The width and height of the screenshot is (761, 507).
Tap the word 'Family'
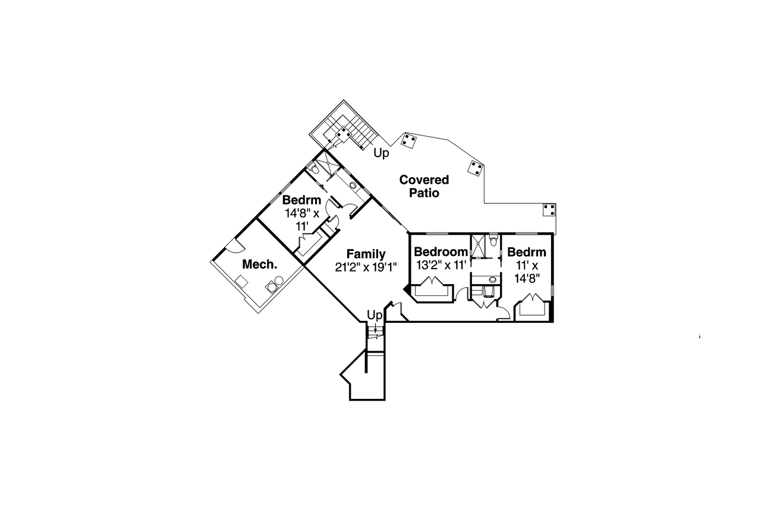[x=366, y=254]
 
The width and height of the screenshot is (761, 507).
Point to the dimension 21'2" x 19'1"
[x=366, y=267]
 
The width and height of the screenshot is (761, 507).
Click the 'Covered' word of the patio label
[x=424, y=180]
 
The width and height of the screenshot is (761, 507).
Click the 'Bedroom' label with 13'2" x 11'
[x=441, y=251]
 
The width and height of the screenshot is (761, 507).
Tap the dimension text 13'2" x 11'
[x=441, y=265]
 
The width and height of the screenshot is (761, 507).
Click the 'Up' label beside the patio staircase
[x=381, y=153]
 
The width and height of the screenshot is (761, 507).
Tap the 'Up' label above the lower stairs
[x=374, y=314]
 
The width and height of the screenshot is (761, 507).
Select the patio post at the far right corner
[x=549, y=210]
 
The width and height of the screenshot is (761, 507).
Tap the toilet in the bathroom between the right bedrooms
[x=492, y=240]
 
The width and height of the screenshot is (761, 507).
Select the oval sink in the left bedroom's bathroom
[x=353, y=185]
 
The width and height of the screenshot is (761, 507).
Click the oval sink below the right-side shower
[x=492, y=279]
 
